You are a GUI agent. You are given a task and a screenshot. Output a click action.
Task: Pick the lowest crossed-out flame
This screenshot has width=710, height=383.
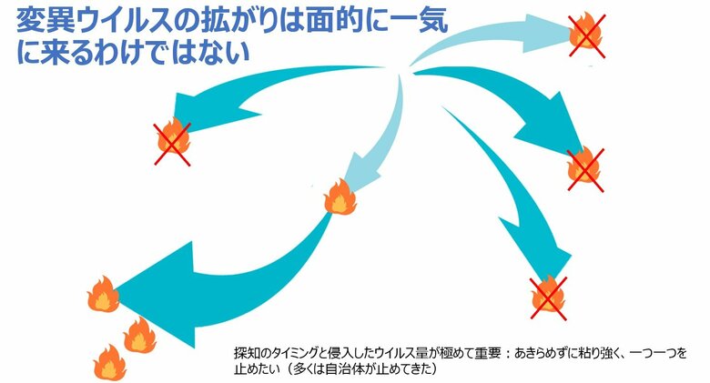(x=549, y=293)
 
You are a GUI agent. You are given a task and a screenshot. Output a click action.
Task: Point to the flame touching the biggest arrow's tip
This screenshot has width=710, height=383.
(x=102, y=295)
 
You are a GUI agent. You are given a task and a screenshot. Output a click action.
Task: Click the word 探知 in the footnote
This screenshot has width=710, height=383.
(x=245, y=352)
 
